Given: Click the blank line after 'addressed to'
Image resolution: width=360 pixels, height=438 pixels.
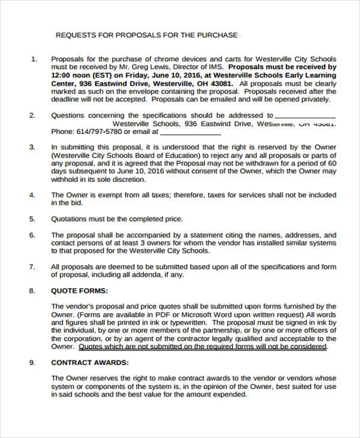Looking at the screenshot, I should click(x=305, y=116).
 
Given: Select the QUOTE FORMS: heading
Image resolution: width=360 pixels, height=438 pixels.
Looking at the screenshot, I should click(x=80, y=291).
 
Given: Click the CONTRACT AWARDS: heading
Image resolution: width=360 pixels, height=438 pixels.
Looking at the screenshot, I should click(x=89, y=362).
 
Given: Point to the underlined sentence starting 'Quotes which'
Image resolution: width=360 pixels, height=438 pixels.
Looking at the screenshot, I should click(x=203, y=347).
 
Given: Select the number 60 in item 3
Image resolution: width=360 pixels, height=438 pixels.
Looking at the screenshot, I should click(x=332, y=163).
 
